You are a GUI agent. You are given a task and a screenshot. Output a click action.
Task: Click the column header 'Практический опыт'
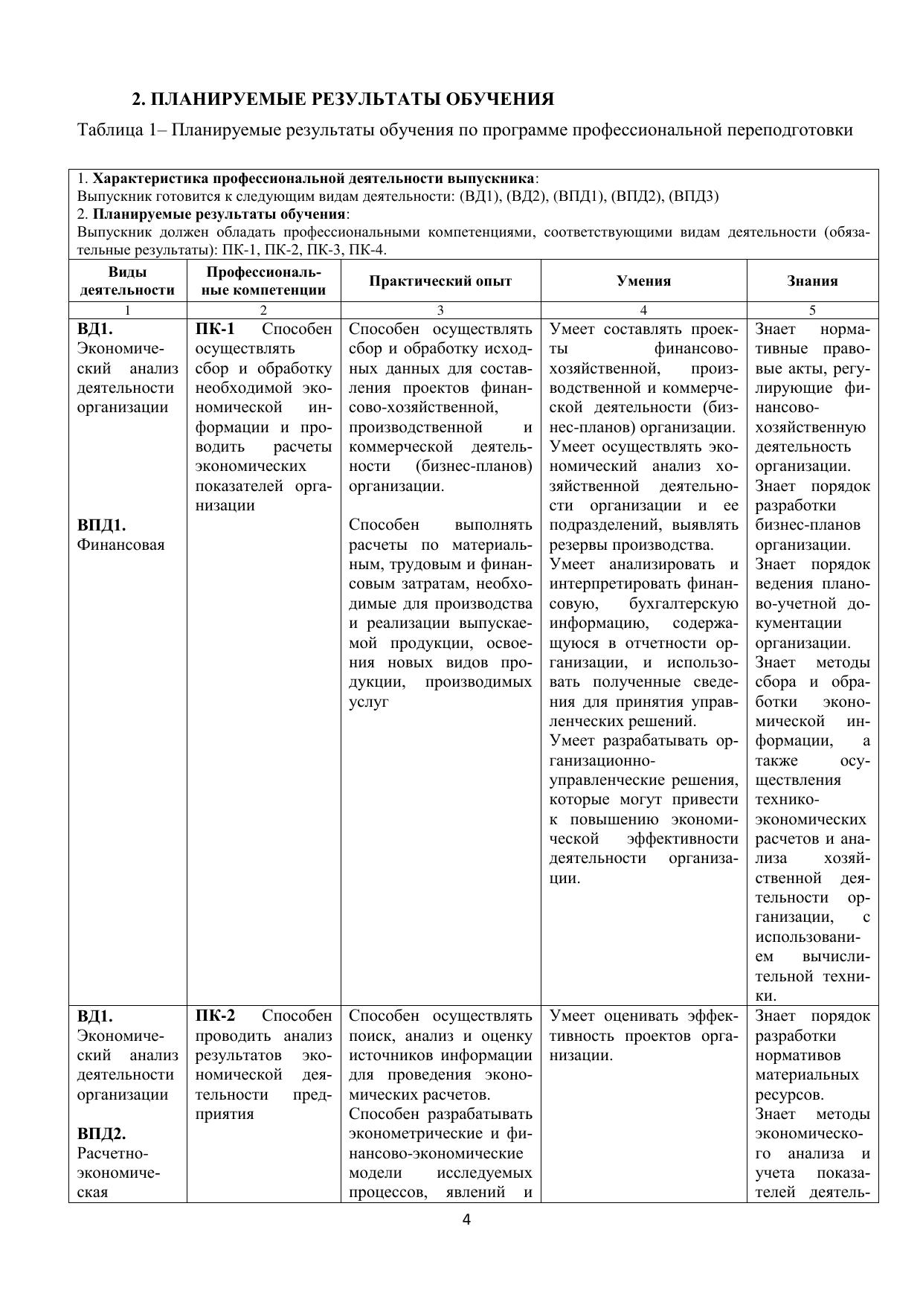click(x=440, y=280)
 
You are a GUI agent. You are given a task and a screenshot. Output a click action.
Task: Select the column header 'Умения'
click(x=643, y=280)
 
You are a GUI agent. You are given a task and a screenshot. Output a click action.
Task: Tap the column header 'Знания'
click(x=812, y=280)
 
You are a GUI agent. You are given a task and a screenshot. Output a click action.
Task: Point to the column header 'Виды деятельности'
click(x=127, y=280)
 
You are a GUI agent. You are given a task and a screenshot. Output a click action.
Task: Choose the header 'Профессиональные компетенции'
click(x=263, y=280)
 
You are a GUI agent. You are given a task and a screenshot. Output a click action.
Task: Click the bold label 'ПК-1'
click(x=215, y=329)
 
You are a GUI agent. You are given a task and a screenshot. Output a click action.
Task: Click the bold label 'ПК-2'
click(x=215, y=1016)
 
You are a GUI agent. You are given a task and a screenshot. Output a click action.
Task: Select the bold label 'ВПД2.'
click(x=101, y=1134)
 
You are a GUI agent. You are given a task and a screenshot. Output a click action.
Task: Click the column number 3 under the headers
click(x=440, y=310)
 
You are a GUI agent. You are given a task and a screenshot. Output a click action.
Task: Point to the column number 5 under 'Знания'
click(x=812, y=310)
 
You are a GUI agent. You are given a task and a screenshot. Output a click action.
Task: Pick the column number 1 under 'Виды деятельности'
click(x=127, y=310)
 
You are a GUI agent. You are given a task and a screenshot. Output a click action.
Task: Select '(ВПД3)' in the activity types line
click(x=694, y=196)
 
